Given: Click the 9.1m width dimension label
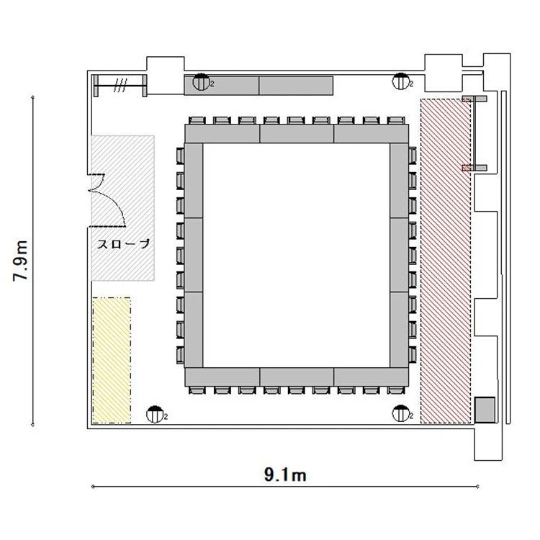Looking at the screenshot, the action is tap(285, 475).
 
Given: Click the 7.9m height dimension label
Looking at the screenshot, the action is tap(21, 261).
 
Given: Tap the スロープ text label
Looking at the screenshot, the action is tap(124, 244).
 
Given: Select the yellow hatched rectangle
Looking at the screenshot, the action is tap(112, 360).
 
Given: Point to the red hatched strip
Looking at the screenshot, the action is tap(446, 261).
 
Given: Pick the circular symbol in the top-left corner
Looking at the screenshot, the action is tap(201, 82).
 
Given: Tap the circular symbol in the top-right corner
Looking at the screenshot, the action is tap(400, 81).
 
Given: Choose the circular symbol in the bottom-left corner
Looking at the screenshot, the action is tap(155, 415).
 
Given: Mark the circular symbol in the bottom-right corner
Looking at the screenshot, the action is tap(400, 413).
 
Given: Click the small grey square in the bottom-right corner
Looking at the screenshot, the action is tap(485, 410).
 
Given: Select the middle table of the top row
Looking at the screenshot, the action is tap(297, 134).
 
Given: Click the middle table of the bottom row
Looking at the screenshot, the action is tap(297, 377).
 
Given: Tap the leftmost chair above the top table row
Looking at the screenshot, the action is tap(197, 120).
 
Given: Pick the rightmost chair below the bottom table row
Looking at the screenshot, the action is tap(396, 390).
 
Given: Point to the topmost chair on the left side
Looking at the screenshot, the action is tap(180, 156).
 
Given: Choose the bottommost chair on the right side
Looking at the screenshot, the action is tap(413, 355).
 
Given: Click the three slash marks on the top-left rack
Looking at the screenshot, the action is tap(120, 85).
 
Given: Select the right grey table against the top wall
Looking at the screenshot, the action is tap(296, 86).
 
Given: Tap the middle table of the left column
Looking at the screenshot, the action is tap(194, 255).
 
